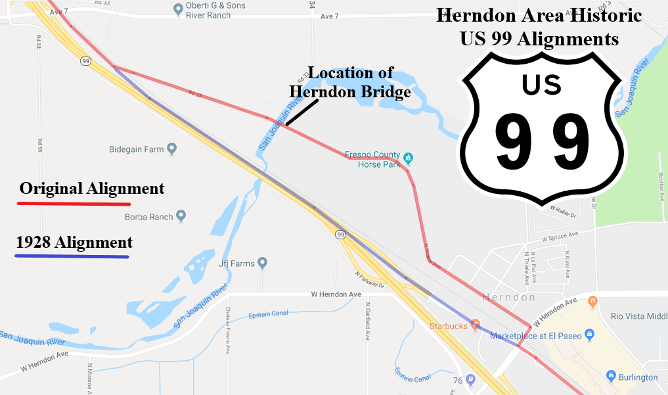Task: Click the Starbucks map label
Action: [x=448, y=326]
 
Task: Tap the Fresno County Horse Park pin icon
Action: [x=409, y=158]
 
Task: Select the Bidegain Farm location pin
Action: [x=172, y=149]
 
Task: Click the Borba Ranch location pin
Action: [x=181, y=216]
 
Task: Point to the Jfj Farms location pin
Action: [x=263, y=264]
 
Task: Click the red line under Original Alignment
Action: [x=74, y=204]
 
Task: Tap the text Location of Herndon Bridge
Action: [x=350, y=82]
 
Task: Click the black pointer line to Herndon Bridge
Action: [x=301, y=114]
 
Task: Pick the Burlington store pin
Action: [x=612, y=377]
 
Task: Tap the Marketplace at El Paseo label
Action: [x=536, y=336]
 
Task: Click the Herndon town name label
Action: [x=509, y=297]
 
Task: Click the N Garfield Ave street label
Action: [x=368, y=321]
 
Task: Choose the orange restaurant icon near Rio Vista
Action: [x=593, y=302]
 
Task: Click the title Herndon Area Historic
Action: [x=539, y=16]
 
